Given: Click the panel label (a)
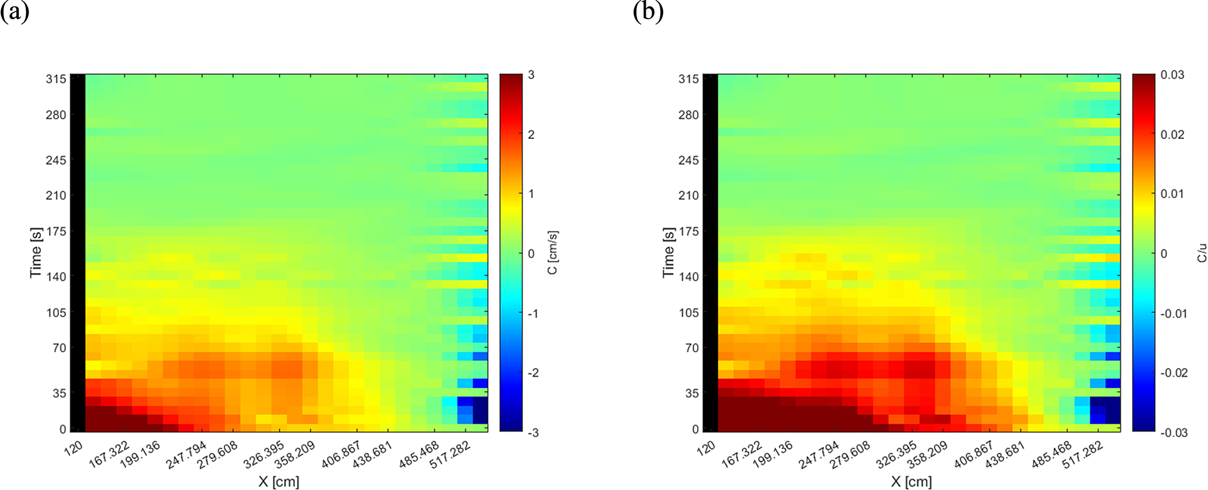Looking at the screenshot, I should click(15, 12).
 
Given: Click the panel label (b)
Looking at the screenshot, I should click(648, 12).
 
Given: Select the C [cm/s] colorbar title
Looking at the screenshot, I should click(553, 252).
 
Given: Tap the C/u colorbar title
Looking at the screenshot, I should click(1202, 252).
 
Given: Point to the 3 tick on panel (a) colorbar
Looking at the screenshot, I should click(531, 75).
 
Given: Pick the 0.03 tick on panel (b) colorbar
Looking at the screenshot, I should click(1172, 75).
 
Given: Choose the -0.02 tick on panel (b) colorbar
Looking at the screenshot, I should click(1174, 373).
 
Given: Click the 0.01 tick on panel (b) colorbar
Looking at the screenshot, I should click(1172, 194).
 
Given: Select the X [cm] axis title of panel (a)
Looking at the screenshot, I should click(279, 482).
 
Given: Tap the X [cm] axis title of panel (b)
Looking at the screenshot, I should click(912, 482).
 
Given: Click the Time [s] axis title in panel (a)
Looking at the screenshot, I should click(36, 252).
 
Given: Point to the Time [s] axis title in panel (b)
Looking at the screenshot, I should click(669, 252).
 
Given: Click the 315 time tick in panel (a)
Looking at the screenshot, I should click(56, 79).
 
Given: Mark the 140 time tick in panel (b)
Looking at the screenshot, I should click(688, 276).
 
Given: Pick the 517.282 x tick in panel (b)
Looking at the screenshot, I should click(1084, 454).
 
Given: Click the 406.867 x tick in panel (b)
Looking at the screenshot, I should click(974, 454).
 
